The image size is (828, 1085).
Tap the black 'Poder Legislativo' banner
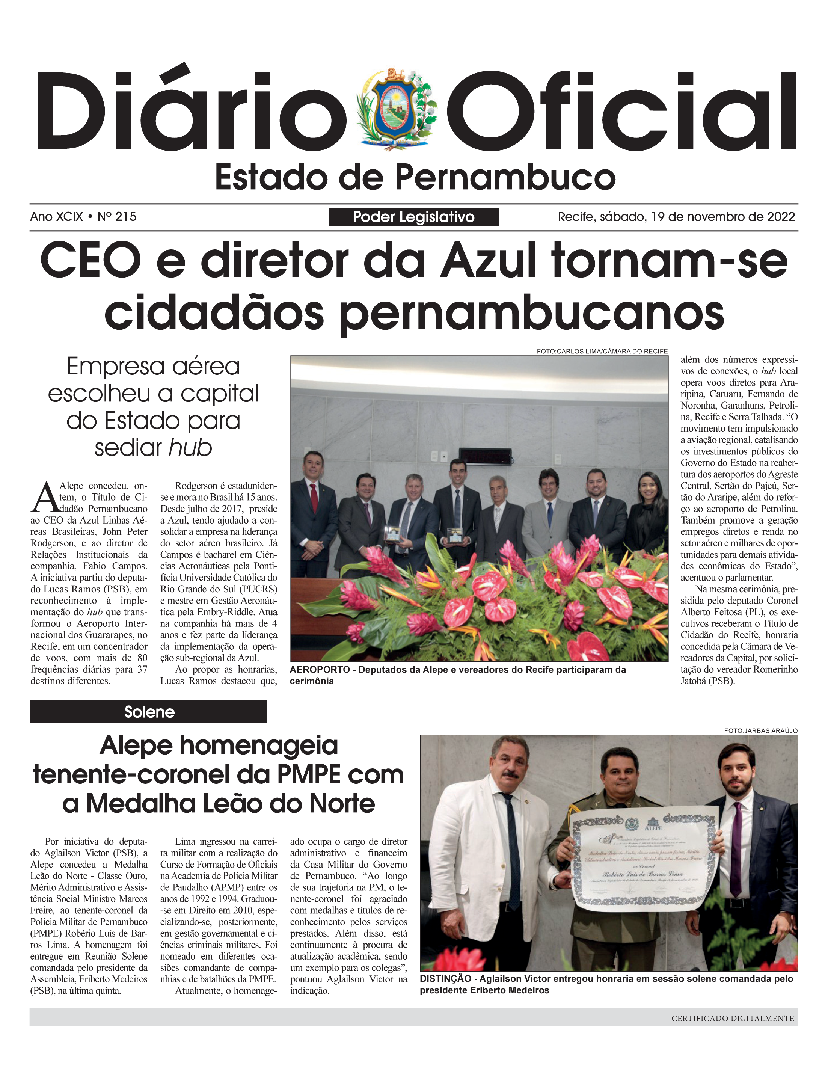coord(413,217)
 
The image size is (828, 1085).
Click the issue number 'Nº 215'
coord(117,216)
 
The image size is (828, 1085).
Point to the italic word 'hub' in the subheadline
coord(190,448)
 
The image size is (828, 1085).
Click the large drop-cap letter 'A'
coord(44,497)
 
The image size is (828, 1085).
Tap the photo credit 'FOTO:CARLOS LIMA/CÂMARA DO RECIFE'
coord(602,352)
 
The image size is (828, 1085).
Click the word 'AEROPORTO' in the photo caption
coord(320,669)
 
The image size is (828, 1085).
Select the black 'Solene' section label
coord(148,712)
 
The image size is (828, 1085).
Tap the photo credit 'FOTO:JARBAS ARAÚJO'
coord(760,730)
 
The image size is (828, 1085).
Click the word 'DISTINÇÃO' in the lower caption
coord(445,978)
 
